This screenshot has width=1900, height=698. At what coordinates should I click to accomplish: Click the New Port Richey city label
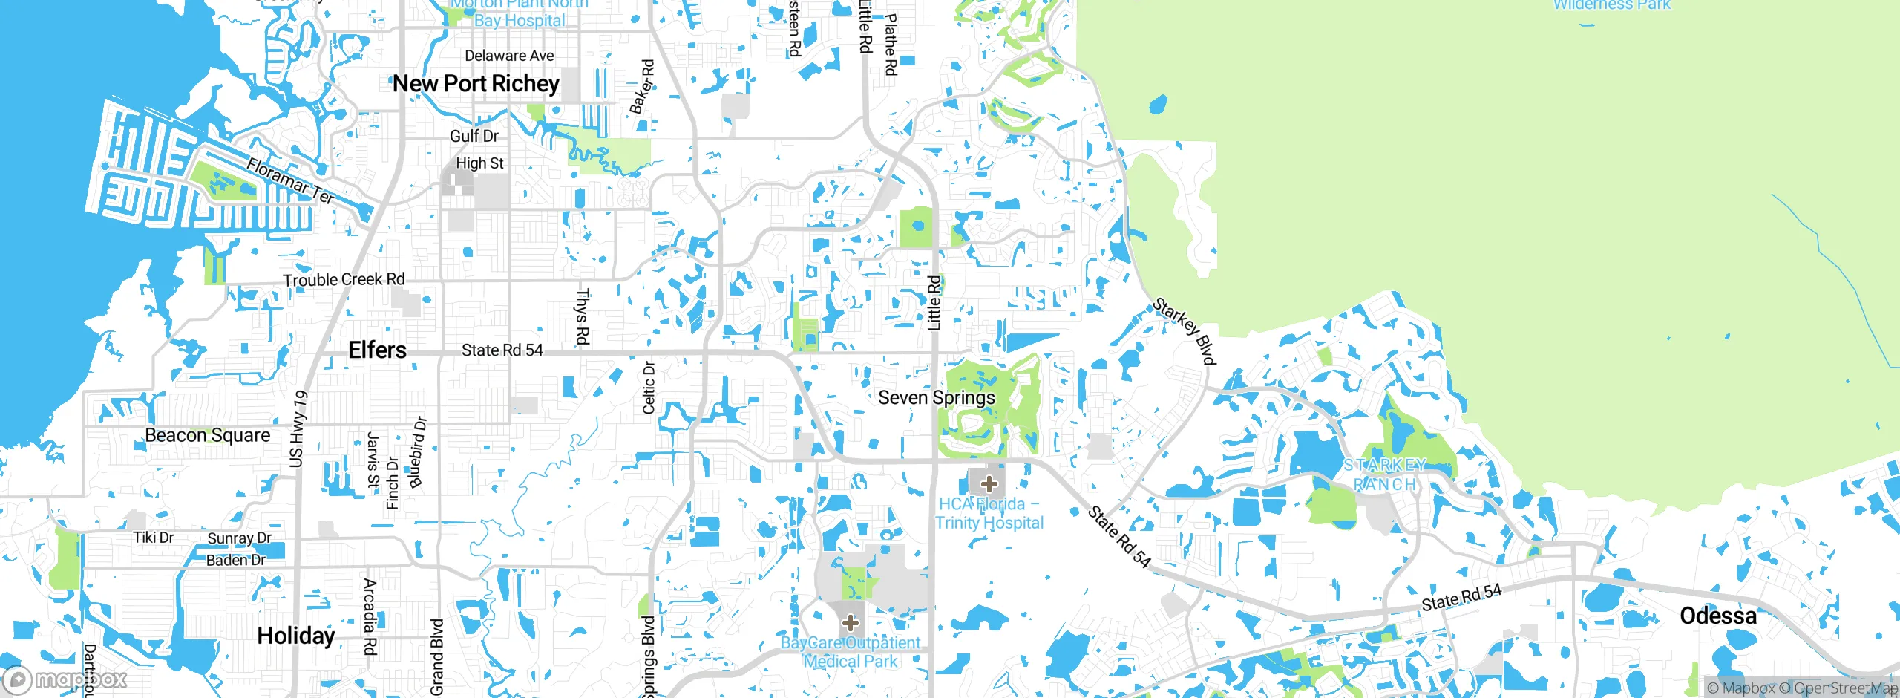pyautogui.click(x=476, y=84)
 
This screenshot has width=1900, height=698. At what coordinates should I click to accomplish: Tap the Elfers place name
pyautogui.click(x=377, y=350)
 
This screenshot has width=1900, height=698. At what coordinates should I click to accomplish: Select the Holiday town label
pyautogui.click(x=295, y=636)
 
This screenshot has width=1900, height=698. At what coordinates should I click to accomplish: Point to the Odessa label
pyautogui.click(x=1717, y=616)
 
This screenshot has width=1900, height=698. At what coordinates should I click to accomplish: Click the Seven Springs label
pyautogui.click(x=936, y=398)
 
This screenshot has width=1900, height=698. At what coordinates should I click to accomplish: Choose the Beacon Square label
pyautogui.click(x=207, y=435)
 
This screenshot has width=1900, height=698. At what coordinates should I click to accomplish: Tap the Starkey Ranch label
pyautogui.click(x=1384, y=475)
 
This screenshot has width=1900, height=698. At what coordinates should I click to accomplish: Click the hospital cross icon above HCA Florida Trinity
pyautogui.click(x=988, y=484)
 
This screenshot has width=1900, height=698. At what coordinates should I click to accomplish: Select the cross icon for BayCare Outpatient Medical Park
pyautogui.click(x=851, y=622)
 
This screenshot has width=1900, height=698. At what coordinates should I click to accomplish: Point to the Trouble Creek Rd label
pyautogui.click(x=344, y=280)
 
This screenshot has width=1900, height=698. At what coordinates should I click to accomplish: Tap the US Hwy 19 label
pyautogui.click(x=298, y=428)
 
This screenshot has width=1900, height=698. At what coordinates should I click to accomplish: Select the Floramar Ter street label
pyautogui.click(x=290, y=180)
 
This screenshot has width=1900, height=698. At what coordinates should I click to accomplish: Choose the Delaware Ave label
pyautogui.click(x=509, y=56)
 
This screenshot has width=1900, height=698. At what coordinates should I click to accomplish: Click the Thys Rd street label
pyautogui.click(x=583, y=317)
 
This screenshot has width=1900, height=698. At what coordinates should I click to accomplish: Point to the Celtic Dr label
pyautogui.click(x=649, y=387)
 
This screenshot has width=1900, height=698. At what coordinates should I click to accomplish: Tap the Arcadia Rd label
pyautogui.click(x=370, y=616)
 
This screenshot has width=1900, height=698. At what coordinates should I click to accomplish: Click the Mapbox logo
pyautogui.click(x=65, y=679)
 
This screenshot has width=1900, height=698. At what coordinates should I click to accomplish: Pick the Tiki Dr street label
pyautogui.click(x=153, y=538)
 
